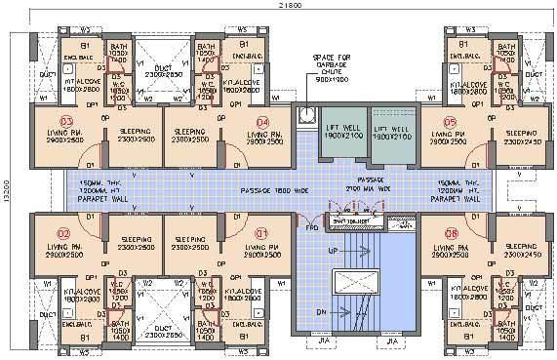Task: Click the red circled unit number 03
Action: click(65, 121)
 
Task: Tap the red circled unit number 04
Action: click(260, 121)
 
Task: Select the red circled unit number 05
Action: click(450, 121)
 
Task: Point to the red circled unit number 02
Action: click(62, 234)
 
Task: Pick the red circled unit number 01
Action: click(261, 234)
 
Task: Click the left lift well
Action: click(343, 133)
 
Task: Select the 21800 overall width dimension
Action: click(279, 8)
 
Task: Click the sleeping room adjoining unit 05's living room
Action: click(521, 138)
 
